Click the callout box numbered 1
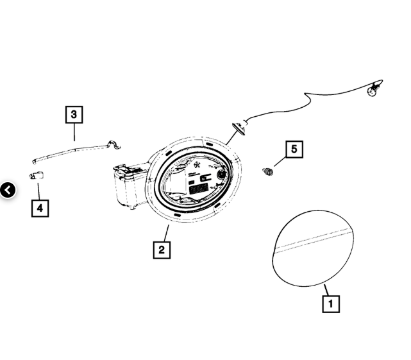point(331,304)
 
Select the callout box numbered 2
point(162,250)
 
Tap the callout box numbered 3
point(74,115)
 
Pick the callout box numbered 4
point(40,209)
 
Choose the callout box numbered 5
point(294,150)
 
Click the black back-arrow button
point(8,190)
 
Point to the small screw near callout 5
point(267,172)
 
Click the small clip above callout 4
point(37,176)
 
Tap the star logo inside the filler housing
point(197,166)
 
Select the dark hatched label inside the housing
point(198,189)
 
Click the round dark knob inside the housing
point(221,174)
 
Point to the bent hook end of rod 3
point(113,144)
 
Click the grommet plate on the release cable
point(239,129)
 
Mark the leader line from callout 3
point(74,132)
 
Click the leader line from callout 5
point(280,162)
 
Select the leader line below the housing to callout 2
point(167,234)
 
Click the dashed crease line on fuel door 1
point(312,241)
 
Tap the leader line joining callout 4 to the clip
point(39,191)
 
